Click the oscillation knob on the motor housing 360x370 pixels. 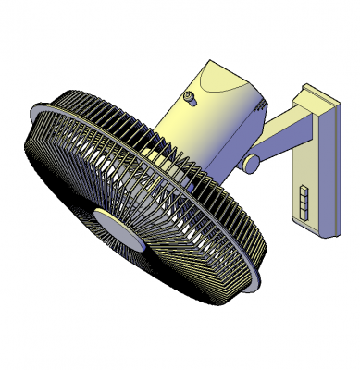pos(191,98)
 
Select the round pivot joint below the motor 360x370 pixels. pos(251,163)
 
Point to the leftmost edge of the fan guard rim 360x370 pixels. pos(24,139)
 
